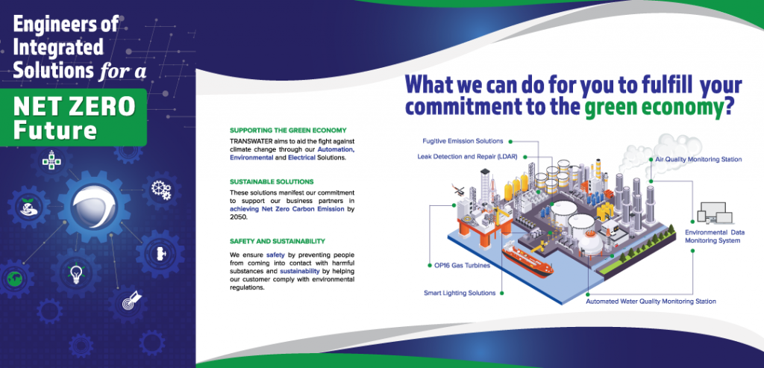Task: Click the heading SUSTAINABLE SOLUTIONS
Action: pos(272,181)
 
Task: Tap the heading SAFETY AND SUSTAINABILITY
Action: pos(278,241)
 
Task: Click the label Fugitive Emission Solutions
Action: pos(463,140)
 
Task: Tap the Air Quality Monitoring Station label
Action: pos(698,160)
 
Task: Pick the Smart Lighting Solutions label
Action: pos(460,293)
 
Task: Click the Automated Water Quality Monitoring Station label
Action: pos(651,302)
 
